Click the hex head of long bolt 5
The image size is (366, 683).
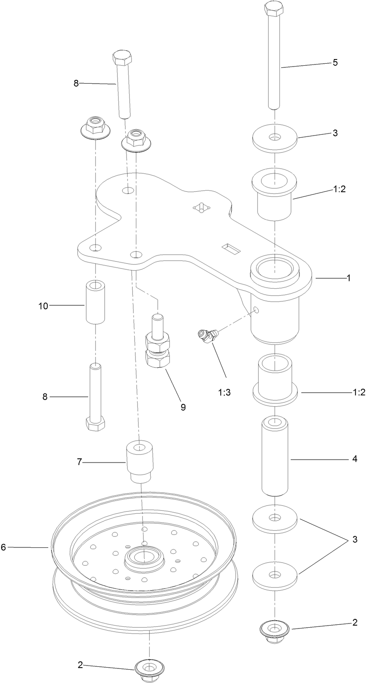coord(274,9)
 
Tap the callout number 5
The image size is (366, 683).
coord(335,63)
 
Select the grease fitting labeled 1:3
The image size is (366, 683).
coord(208,335)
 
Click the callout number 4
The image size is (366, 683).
coord(354,459)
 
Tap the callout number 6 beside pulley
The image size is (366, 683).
coord(3,547)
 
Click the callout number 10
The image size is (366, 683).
coord(43,306)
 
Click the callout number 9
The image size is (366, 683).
coord(183,407)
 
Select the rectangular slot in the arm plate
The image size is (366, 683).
coord(232,249)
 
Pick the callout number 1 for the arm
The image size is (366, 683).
coord(349,278)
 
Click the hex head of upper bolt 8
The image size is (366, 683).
coord(122,58)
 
